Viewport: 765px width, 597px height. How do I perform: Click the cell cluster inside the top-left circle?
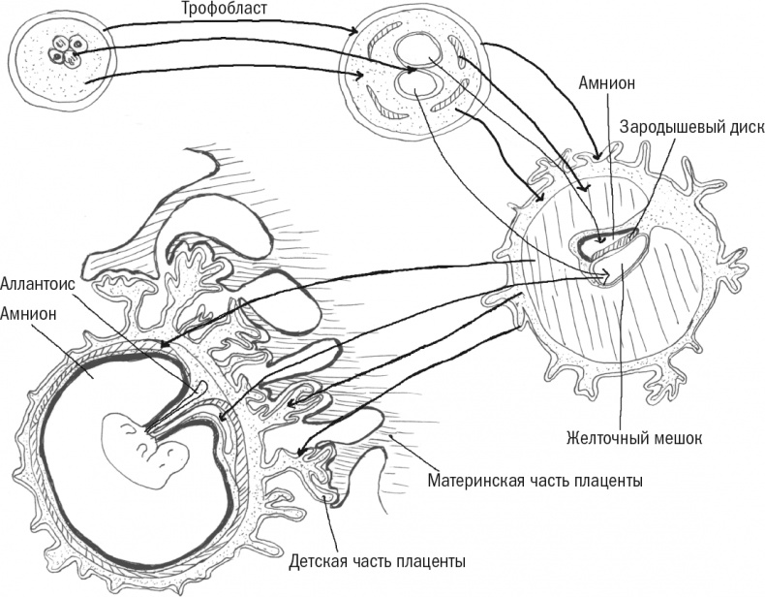click(67, 49)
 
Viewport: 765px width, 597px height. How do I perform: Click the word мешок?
click(674, 438)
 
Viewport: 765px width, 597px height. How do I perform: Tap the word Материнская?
click(476, 481)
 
